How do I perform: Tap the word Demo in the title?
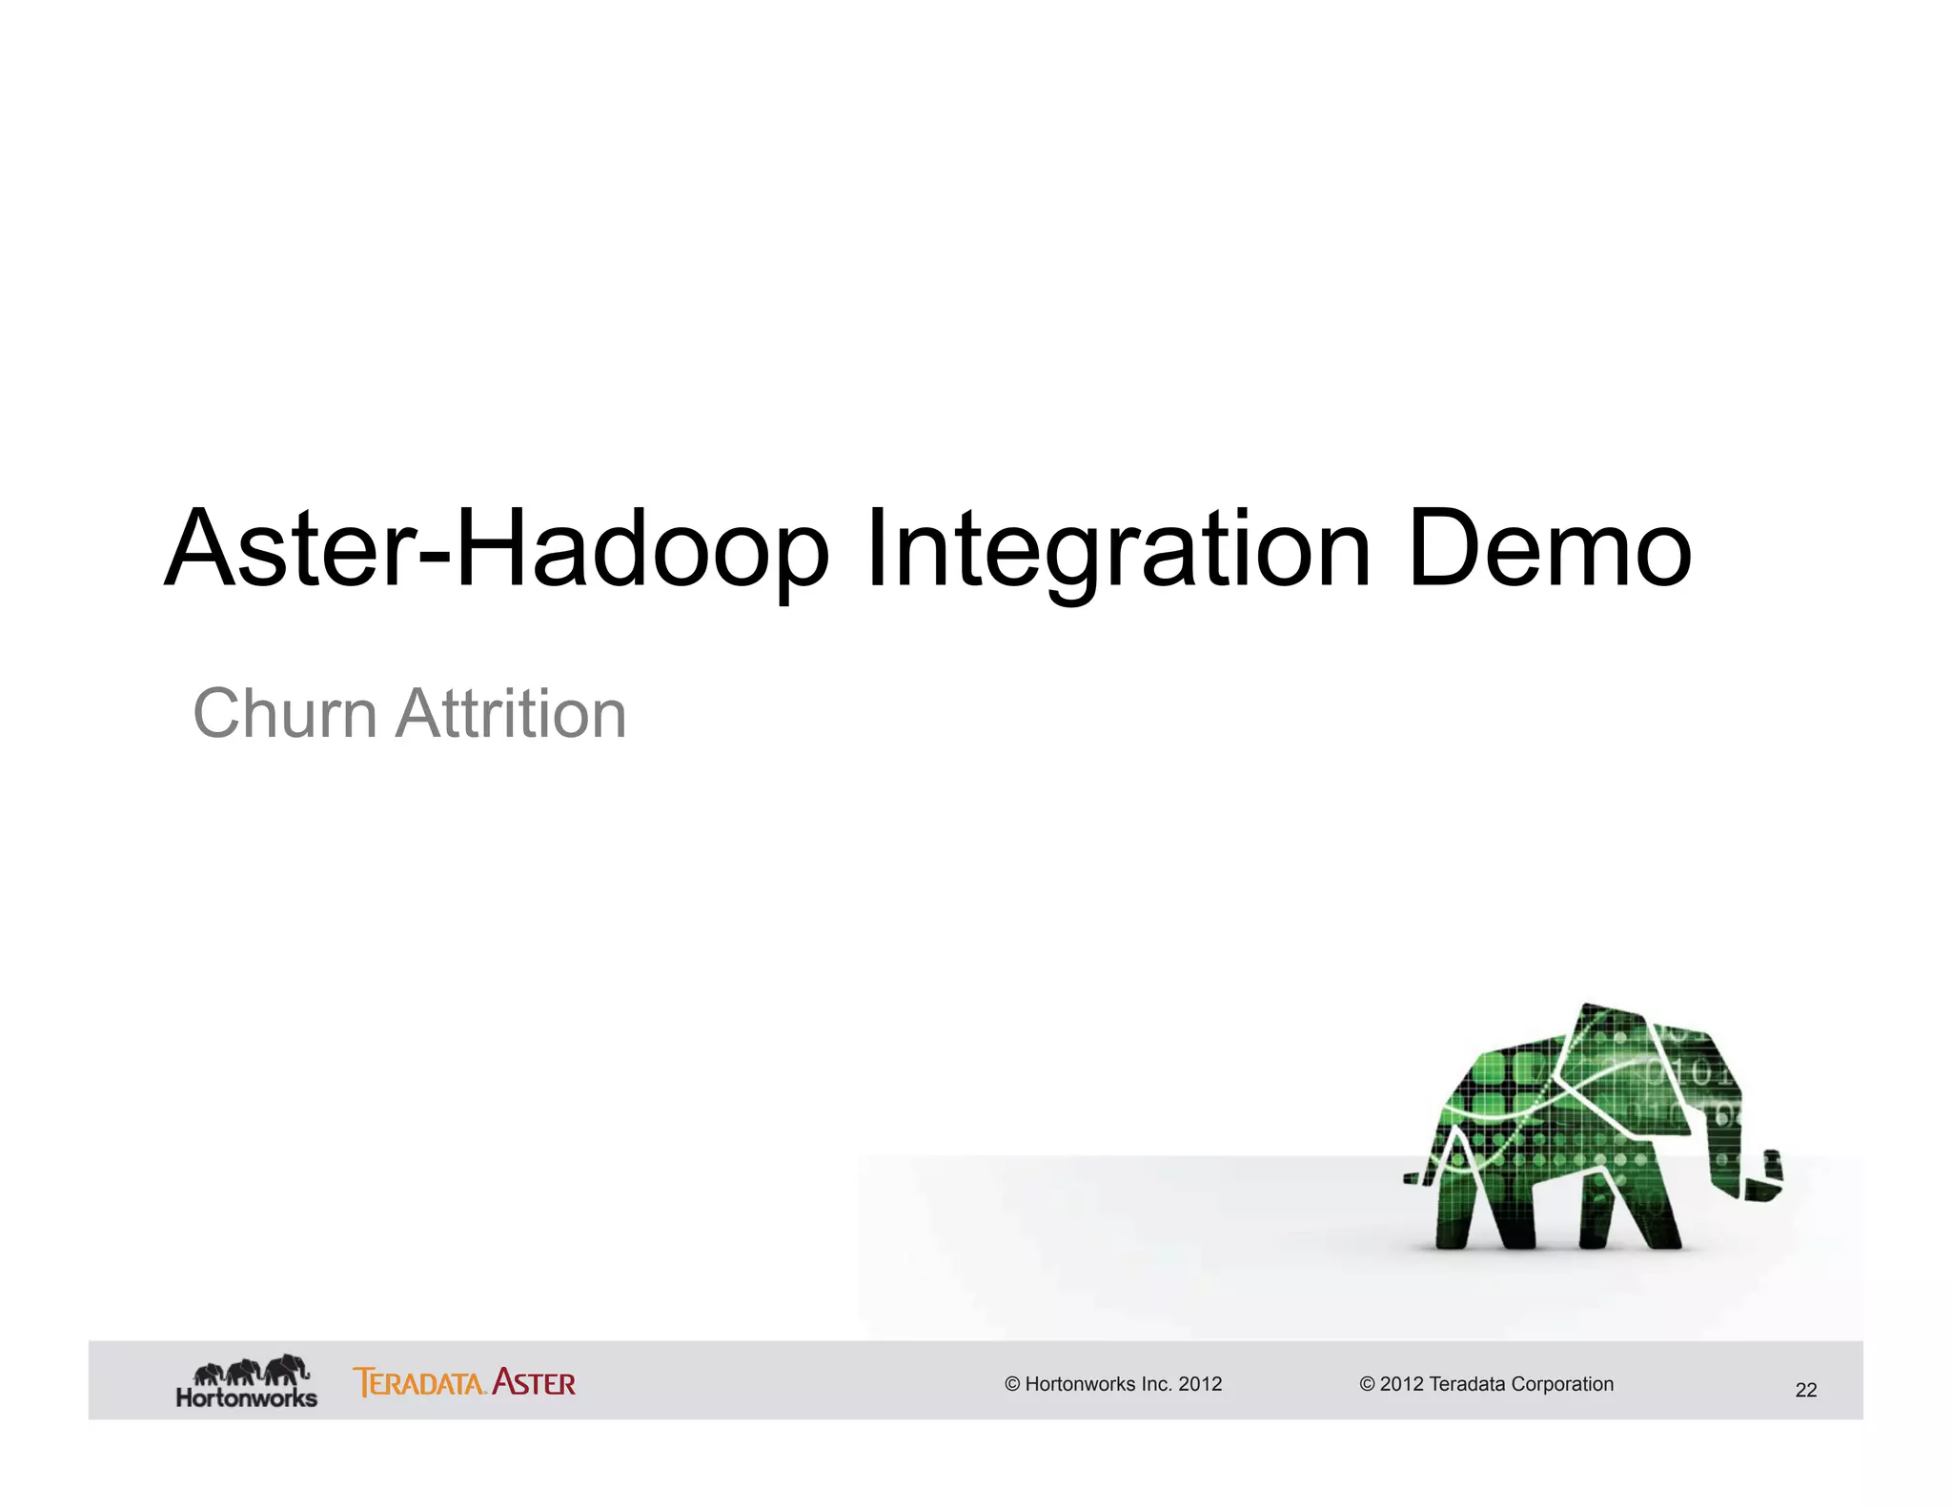pyautogui.click(x=1549, y=551)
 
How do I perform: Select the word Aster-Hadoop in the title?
pyautogui.click(x=497, y=551)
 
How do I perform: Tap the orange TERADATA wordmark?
pyautogui.click(x=419, y=1382)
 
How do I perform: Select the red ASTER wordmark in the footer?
pyautogui.click(x=534, y=1382)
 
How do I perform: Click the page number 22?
pyautogui.click(x=1805, y=1390)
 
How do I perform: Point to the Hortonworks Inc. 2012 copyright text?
pyautogui.click(x=1113, y=1384)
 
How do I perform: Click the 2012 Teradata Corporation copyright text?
pyautogui.click(x=1486, y=1384)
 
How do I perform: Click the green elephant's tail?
pyautogui.click(x=1417, y=1178)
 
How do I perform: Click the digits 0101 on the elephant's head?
pyautogui.click(x=1692, y=1072)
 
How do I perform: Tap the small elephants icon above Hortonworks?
pyautogui.click(x=251, y=1371)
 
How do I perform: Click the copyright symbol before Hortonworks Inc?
pyautogui.click(x=1012, y=1384)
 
